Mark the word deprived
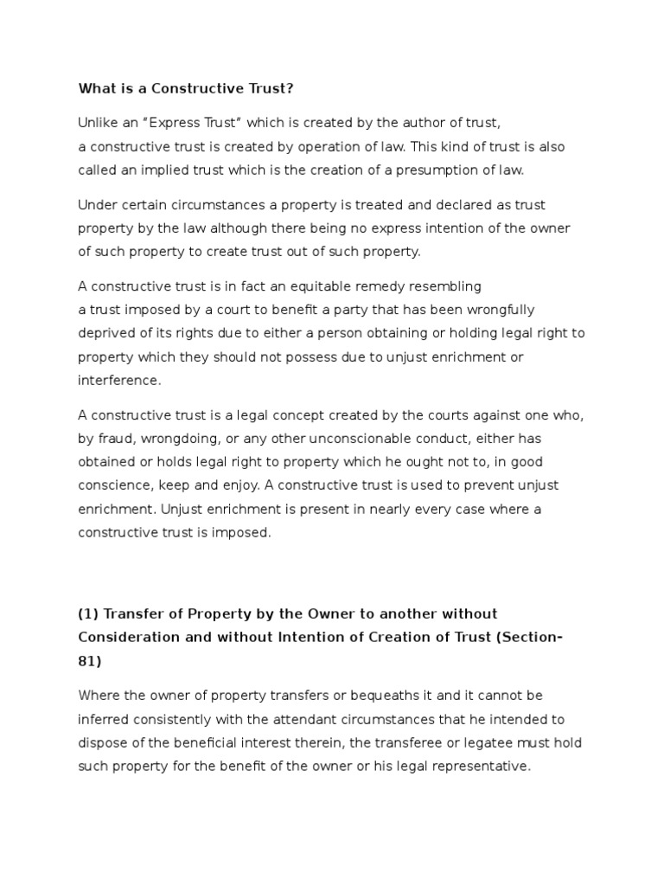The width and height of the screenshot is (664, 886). (108, 333)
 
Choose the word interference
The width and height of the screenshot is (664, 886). (119, 380)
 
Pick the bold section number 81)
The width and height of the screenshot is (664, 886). (90, 660)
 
